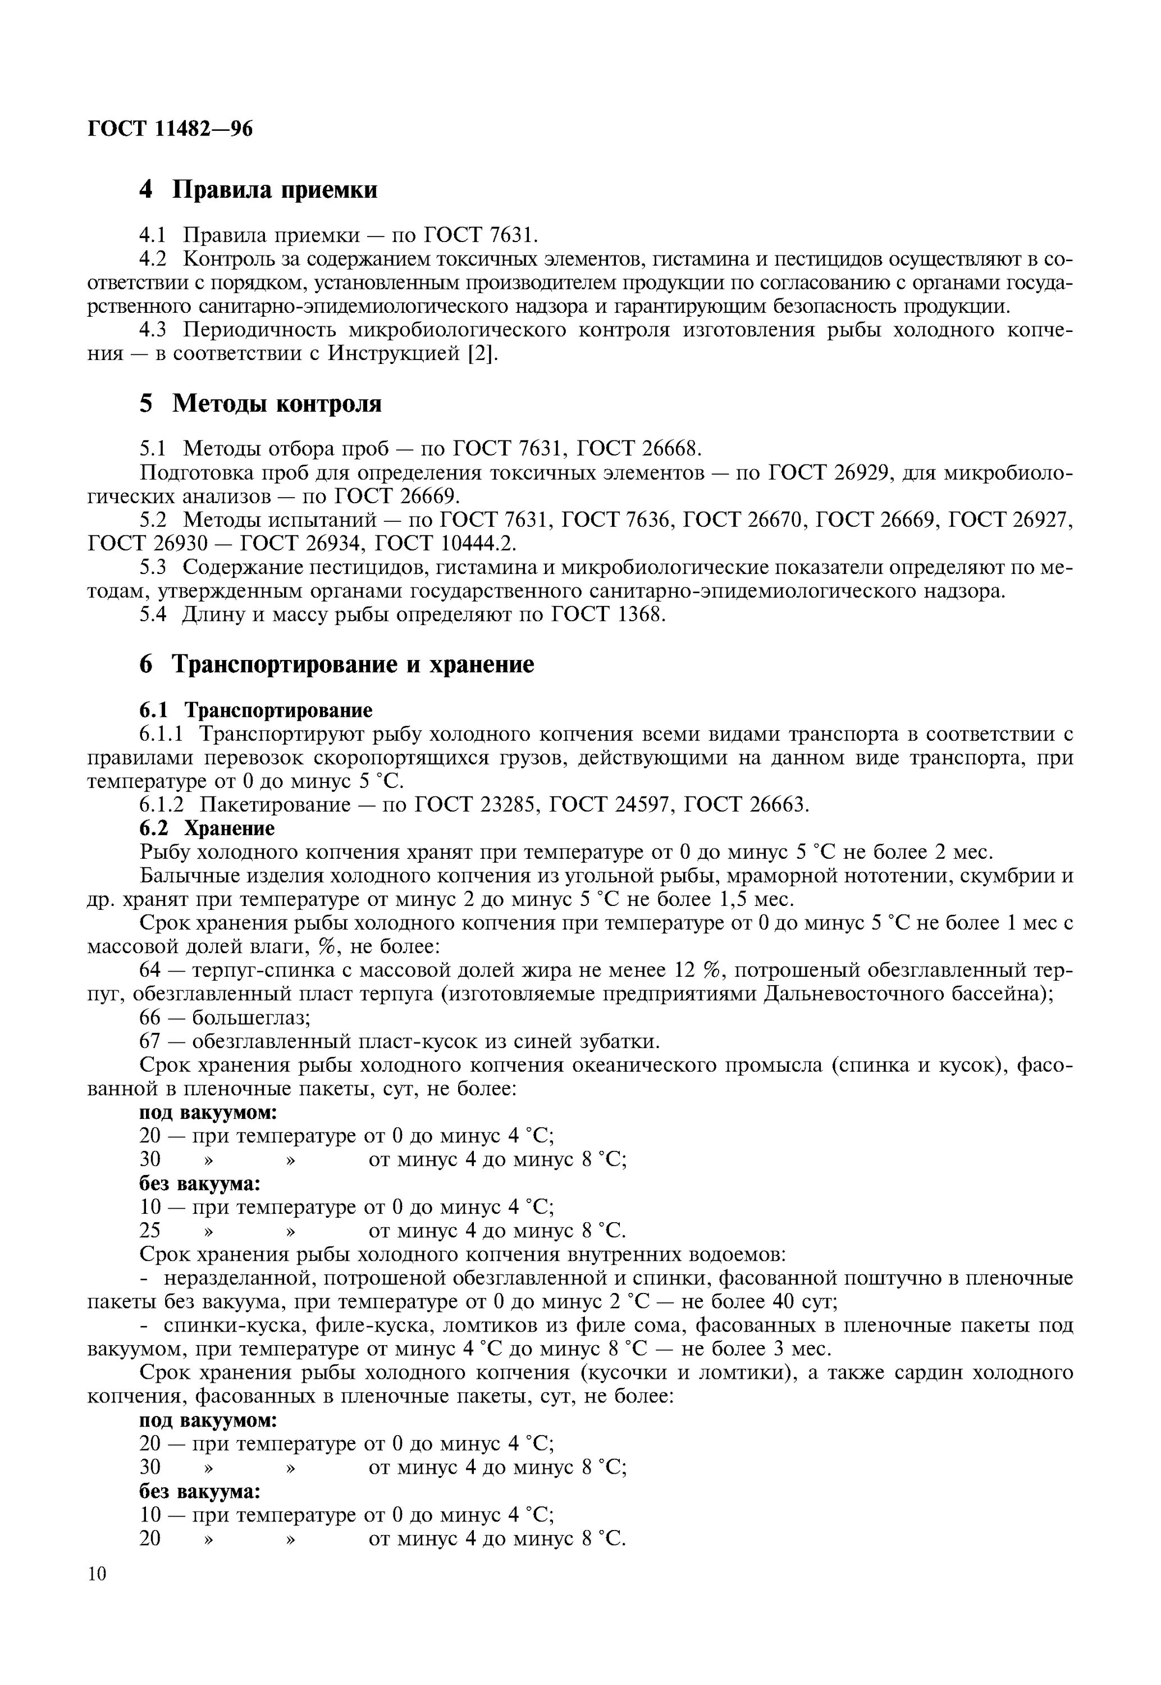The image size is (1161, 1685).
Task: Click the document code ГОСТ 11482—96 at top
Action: [x=170, y=129]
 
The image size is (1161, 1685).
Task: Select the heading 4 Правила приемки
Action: [x=258, y=190]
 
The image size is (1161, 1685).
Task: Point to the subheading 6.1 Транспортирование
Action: [x=255, y=709]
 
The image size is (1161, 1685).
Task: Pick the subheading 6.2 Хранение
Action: [x=207, y=828]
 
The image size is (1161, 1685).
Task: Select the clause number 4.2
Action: [x=153, y=259]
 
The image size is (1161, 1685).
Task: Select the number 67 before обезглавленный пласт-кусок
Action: [x=150, y=1041]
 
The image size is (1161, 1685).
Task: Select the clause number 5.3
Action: [x=153, y=567]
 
